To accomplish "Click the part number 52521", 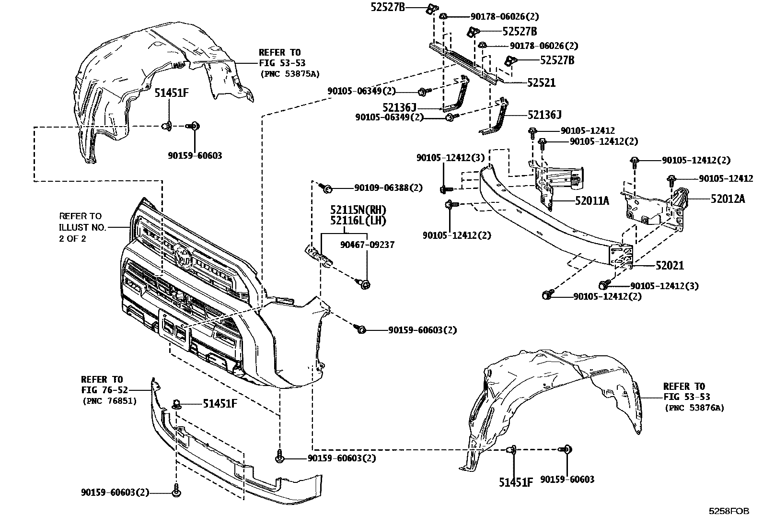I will (x=541, y=82).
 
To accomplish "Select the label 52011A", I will (x=592, y=200).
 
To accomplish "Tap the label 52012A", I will (x=728, y=199).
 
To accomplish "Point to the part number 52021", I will (x=670, y=265).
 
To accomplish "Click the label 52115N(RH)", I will (x=358, y=210).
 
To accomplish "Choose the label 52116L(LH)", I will (x=358, y=221).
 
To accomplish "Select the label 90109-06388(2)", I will (x=388, y=188).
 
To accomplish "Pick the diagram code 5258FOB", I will (x=728, y=511).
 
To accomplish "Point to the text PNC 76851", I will (x=110, y=401).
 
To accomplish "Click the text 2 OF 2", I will (x=72, y=238).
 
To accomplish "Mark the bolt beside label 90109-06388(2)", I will (x=327, y=188).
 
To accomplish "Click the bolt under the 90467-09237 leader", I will (x=365, y=285).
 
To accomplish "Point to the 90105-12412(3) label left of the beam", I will (x=451, y=157).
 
